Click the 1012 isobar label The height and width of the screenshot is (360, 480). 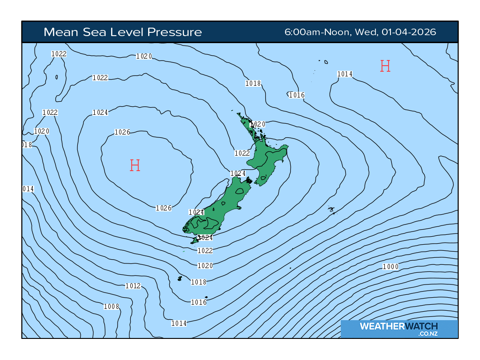point(133,286)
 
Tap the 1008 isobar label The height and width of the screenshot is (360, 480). point(112,307)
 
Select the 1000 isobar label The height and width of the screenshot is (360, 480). point(390,267)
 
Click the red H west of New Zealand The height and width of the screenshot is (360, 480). point(135,165)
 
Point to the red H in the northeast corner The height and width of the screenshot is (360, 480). point(385,66)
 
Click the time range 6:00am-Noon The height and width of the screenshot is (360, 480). point(317,32)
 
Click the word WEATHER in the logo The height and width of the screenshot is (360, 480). point(381,326)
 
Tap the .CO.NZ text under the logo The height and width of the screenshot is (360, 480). point(428,333)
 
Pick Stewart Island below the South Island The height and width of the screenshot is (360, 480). point(195,241)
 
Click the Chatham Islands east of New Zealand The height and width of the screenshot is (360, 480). point(332,210)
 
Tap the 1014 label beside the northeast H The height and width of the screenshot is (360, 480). point(345,74)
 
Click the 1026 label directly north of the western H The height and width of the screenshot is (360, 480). point(122,132)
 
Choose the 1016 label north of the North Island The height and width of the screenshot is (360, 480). point(296,95)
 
